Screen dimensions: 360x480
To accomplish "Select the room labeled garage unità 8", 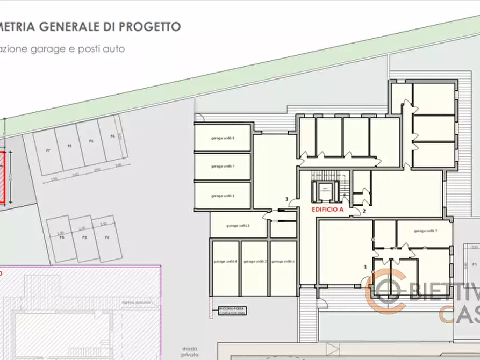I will [x=223, y=138].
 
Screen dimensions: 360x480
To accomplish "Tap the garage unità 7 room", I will [x=223, y=167].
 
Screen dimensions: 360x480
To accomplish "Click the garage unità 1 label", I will [x=425, y=231].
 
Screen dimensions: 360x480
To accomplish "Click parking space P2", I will [x=84, y=237].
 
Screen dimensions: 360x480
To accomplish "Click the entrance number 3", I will [x=287, y=199].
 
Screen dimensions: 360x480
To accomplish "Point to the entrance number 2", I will [x=364, y=211].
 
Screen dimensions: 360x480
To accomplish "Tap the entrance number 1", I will [x=366, y=266].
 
